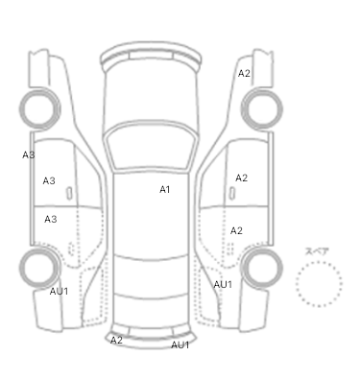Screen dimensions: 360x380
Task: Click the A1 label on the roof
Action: pos(164,190)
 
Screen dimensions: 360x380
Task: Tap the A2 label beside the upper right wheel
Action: pos(244,74)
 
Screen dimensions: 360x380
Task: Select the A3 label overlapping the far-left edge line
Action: pos(29,155)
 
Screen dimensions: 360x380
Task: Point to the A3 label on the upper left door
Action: pos(49,181)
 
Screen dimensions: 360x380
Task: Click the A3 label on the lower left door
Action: pos(51,220)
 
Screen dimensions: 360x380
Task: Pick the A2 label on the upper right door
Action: pos(242,178)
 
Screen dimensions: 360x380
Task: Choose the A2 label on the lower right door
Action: pos(236,230)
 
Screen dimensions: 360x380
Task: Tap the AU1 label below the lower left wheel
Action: pos(59,292)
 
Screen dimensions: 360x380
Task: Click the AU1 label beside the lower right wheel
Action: pos(223,284)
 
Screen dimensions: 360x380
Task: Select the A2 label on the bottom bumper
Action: pos(116,341)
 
